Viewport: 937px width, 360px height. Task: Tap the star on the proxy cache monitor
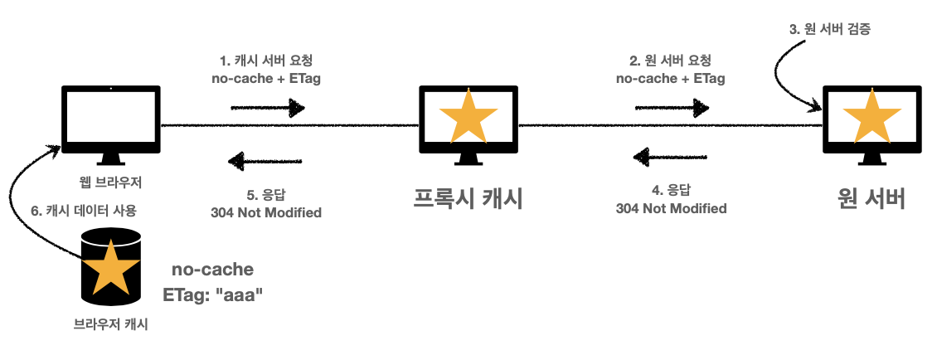[468, 117]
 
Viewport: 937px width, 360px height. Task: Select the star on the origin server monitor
[871, 117]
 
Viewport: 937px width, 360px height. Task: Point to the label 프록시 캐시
[468, 199]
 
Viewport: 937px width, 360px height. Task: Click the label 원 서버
[871, 199]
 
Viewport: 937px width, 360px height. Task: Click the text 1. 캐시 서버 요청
[266, 61]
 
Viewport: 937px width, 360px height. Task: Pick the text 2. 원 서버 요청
[671, 61]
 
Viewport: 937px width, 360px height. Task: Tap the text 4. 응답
[671, 189]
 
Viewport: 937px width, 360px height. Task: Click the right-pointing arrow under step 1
[267, 107]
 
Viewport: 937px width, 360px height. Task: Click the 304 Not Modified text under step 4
[671, 208]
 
